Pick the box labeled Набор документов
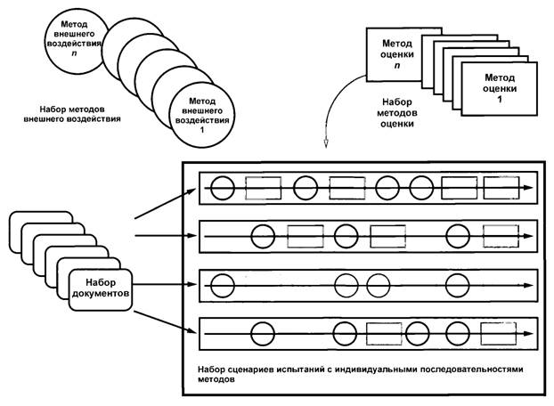(x=100, y=287)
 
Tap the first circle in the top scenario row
(x=222, y=188)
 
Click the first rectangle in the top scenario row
(x=263, y=188)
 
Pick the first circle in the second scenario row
(x=263, y=237)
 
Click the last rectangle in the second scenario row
(x=500, y=237)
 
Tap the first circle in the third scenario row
(x=222, y=286)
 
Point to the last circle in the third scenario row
(x=458, y=286)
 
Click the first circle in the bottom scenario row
(x=263, y=335)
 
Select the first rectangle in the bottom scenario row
(x=385, y=335)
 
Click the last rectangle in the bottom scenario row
(x=498, y=335)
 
